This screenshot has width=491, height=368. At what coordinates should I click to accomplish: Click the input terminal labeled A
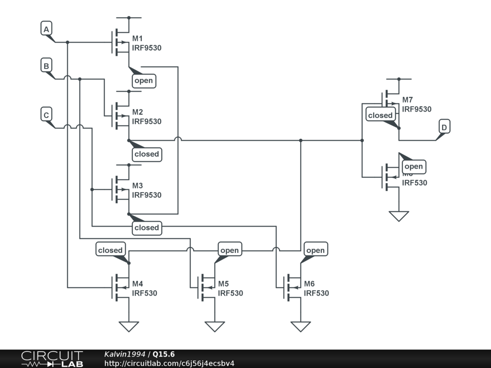(x=46, y=30)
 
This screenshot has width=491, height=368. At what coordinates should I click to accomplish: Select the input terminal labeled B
(x=46, y=66)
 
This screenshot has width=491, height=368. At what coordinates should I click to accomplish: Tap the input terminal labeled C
(x=46, y=115)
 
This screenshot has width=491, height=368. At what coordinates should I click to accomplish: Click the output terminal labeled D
(x=444, y=127)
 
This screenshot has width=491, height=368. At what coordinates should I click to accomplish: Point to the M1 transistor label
(x=138, y=38)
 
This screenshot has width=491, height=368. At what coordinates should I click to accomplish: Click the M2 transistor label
(x=138, y=112)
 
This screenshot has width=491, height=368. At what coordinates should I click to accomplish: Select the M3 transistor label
(x=138, y=186)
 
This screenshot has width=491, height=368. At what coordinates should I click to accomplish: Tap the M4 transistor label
(x=138, y=284)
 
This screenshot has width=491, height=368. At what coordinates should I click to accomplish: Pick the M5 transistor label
(x=223, y=284)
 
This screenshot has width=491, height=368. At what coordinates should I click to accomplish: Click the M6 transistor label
(x=309, y=284)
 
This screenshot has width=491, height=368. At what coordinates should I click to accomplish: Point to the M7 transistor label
(x=408, y=100)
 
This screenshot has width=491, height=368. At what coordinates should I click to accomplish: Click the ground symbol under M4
(x=129, y=326)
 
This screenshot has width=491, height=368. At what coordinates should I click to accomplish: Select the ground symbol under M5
(x=214, y=326)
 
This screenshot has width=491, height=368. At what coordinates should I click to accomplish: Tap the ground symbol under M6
(x=301, y=326)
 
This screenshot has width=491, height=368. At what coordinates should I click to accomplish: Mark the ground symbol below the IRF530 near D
(x=399, y=216)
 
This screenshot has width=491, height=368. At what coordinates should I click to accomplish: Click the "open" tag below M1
(x=144, y=80)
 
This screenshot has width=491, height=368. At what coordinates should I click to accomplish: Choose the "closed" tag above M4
(x=110, y=250)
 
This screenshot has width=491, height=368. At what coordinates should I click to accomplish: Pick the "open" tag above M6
(x=315, y=250)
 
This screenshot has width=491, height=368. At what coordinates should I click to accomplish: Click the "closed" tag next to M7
(x=380, y=115)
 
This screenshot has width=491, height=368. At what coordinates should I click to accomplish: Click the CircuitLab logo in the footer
(x=52, y=359)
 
